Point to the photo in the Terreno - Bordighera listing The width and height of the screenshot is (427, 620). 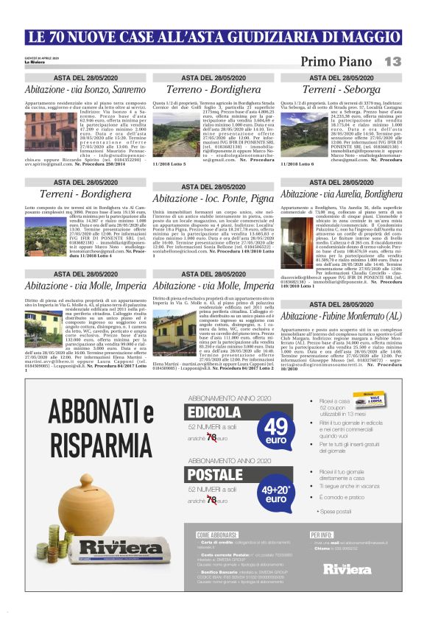click(169, 133)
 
